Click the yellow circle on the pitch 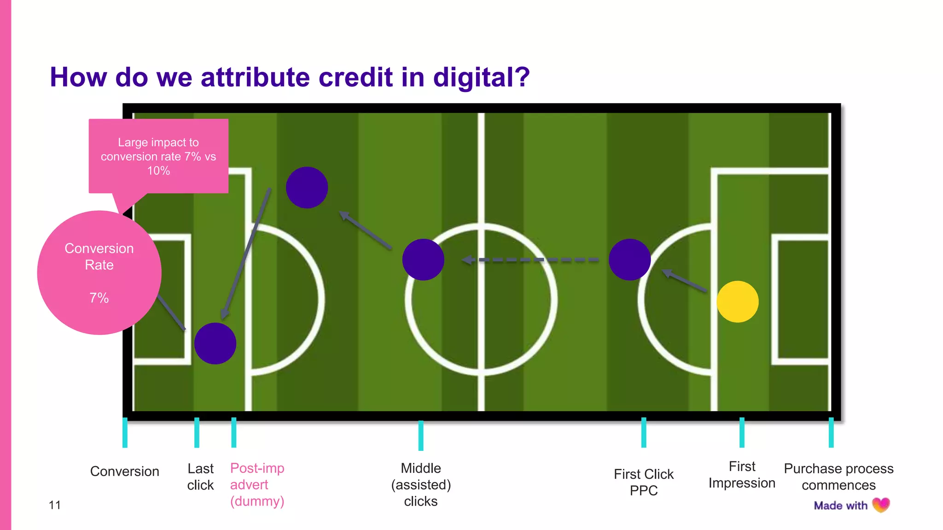pos(737,302)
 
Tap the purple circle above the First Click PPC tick pos(629,259)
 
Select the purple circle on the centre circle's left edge pos(423,259)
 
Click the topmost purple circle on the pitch pos(307,188)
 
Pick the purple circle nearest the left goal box pos(215,344)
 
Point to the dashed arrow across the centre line pos(530,260)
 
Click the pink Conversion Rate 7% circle pos(99,273)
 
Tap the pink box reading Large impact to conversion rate pos(158,156)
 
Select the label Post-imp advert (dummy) pos(257,484)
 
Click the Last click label pos(200,477)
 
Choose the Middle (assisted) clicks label pos(421,484)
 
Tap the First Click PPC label pos(643,482)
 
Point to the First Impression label pos(742,475)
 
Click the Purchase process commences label pos(838,477)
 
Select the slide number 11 pos(55,505)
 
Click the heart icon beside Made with pos(881,505)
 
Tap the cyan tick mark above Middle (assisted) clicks pos(421,435)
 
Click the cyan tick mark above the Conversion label pos(125,432)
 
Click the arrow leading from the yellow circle pos(685,281)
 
